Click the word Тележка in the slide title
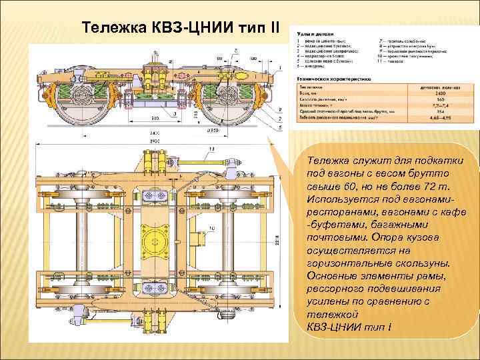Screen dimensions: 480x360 (107, 29)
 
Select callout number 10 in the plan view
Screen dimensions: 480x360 (211, 229)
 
